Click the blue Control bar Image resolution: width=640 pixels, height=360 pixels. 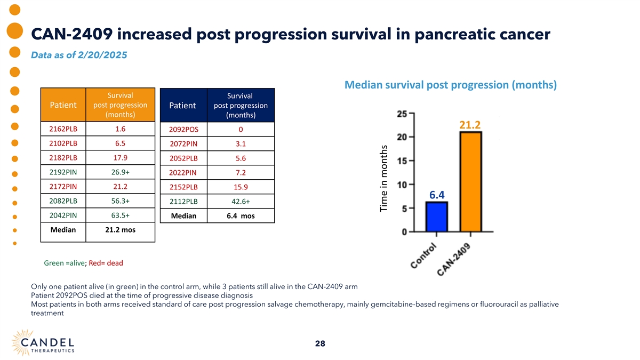[x=436, y=217]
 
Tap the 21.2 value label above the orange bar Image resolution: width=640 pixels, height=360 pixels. [x=470, y=125]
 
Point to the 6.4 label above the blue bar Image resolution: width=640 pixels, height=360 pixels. [x=437, y=195]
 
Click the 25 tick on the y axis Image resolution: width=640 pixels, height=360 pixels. [x=402, y=114]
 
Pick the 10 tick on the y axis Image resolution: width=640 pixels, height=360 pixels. [x=402, y=185]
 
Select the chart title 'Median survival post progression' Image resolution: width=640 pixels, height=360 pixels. [x=451, y=85]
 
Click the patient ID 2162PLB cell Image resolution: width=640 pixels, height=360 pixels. [x=63, y=129]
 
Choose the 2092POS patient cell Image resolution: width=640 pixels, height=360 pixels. [x=183, y=130]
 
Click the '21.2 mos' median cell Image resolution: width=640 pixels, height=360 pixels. [x=121, y=230]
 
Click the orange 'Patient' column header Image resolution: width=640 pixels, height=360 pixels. [x=63, y=105]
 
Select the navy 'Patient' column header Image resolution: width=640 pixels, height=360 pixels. [x=182, y=106]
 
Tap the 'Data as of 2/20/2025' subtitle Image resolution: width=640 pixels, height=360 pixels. [x=79, y=55]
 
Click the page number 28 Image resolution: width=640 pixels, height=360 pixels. [x=320, y=344]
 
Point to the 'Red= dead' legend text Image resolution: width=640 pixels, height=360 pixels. [x=106, y=263]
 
